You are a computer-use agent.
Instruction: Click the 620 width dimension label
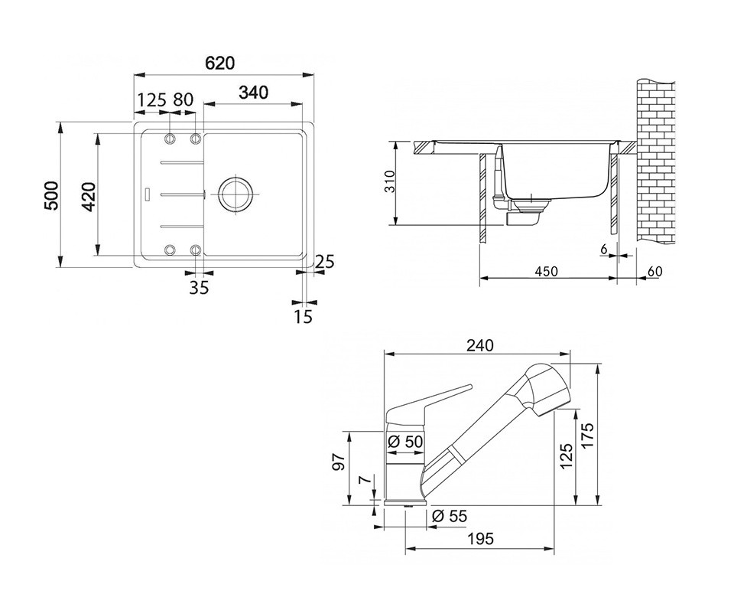220,63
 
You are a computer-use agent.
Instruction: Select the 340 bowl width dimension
253,93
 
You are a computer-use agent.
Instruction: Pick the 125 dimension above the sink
153,100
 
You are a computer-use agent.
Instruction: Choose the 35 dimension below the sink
199,287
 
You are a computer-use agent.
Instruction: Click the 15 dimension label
303,317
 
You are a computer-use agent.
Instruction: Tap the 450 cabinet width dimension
546,271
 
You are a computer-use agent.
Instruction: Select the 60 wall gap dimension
655,271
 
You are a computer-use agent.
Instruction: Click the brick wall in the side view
656,162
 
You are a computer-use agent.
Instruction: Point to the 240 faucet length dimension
480,345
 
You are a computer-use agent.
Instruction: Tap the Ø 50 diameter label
405,442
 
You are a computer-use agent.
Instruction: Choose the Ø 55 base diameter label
450,516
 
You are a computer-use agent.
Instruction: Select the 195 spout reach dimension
480,539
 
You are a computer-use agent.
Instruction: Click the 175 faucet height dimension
587,436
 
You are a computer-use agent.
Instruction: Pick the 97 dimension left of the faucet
340,462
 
